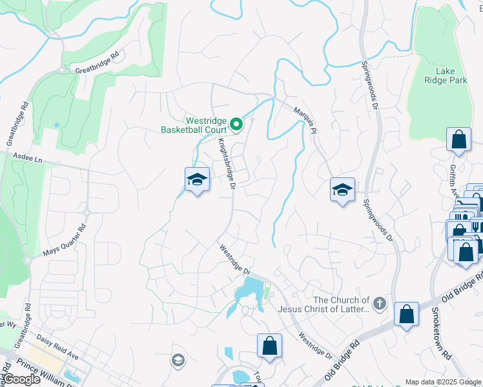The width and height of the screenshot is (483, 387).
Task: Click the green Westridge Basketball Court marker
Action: click(236, 124)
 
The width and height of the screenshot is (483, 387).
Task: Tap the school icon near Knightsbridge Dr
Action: click(197, 180)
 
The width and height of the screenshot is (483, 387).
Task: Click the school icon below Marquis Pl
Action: click(342, 190)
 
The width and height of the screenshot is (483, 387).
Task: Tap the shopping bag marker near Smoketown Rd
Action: click(406, 315)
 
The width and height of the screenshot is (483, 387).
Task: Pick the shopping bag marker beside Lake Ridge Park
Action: click(458, 140)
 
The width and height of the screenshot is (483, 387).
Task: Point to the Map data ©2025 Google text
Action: click(443, 382)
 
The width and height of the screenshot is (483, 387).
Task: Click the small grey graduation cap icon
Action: click(178, 361)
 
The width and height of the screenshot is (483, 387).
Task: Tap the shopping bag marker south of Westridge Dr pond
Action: click(269, 346)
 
